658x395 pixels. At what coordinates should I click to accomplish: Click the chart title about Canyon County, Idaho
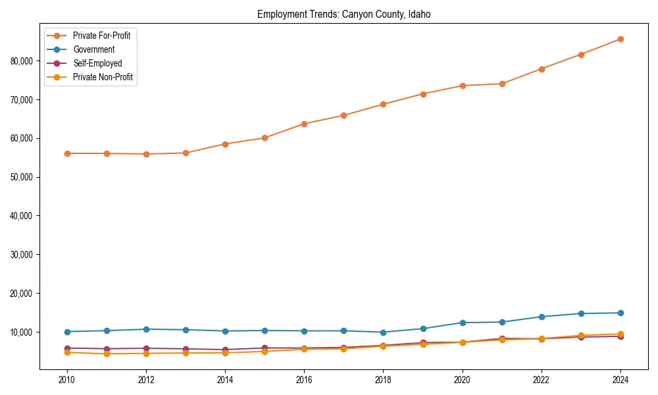point(343,14)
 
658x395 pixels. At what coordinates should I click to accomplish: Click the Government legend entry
point(93,49)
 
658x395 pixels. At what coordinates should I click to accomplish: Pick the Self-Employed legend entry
point(97,63)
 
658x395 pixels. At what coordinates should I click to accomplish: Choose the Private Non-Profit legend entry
point(103,77)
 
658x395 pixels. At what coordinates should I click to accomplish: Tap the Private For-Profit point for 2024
point(620,39)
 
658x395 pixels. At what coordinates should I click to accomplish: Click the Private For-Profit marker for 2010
point(67,153)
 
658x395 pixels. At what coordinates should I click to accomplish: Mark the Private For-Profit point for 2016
point(304,124)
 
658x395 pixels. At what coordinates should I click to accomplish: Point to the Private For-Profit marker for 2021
point(502,84)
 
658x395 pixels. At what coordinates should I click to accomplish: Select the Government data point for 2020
point(463,323)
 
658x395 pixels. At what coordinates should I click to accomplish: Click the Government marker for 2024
point(620,313)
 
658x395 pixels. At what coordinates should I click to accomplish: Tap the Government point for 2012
point(146,329)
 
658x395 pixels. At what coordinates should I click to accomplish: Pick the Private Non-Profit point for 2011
point(107,354)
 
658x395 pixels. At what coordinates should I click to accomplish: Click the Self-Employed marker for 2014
point(225,350)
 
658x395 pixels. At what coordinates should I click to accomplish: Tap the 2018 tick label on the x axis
point(383,380)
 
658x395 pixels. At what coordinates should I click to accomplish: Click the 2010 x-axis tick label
point(67,380)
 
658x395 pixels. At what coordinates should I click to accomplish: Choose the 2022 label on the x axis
point(542,380)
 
